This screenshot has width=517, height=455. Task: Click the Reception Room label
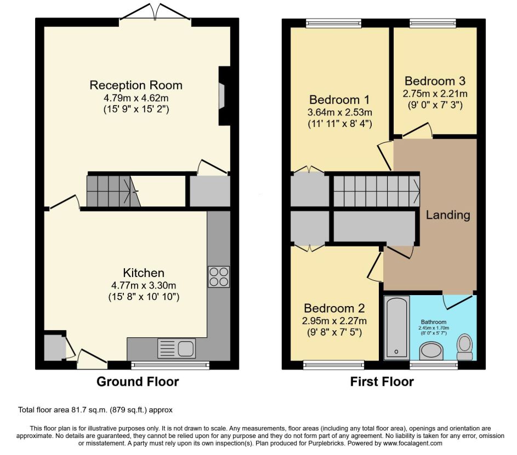pos(136,85)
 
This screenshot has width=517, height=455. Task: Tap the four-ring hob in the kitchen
pos(219,277)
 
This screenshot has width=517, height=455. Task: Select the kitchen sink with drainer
pos(177,348)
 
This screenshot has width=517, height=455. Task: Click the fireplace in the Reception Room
pos(224,96)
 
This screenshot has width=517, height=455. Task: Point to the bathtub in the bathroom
pos(396,327)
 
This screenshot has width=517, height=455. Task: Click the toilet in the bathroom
pos(464,347)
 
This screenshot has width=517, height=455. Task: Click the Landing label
pos(448,215)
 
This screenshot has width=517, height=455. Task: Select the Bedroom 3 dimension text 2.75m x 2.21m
pos(435,94)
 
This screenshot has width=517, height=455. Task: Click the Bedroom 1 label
pos(339,100)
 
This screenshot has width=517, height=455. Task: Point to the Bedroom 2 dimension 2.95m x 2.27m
pos(334,321)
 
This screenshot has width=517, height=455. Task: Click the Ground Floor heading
pos(138,382)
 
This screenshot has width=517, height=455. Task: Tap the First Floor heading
pos(382,382)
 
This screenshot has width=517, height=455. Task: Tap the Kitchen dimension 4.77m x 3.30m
pos(144,285)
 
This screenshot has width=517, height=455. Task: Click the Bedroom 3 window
pos(433,22)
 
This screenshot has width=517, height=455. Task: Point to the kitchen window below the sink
pos(170,365)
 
